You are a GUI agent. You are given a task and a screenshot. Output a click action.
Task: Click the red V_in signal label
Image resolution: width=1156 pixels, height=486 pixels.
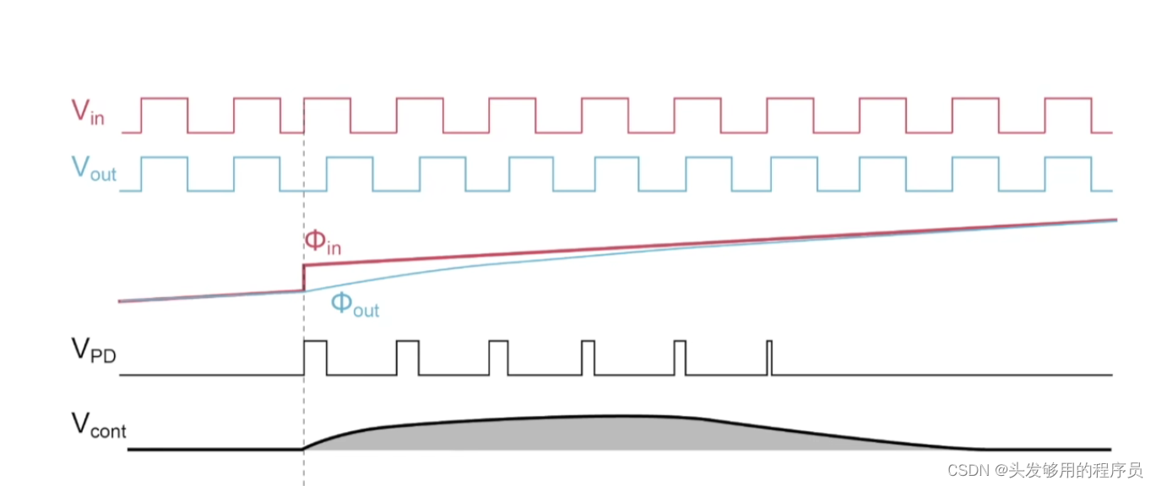87,112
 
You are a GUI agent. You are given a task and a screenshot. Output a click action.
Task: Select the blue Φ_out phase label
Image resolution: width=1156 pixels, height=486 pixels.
354,305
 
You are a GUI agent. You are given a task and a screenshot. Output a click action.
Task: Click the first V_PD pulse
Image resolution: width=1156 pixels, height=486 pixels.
315,358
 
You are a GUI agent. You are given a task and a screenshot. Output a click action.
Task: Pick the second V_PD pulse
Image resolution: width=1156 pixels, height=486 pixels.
407,358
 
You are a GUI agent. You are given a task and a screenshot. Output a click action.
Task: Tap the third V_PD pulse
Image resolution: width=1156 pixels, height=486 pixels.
498,358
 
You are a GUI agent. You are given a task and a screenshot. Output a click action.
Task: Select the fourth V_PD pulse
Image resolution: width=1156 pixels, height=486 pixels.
589,358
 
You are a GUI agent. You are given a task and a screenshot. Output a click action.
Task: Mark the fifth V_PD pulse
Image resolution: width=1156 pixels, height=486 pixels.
680,358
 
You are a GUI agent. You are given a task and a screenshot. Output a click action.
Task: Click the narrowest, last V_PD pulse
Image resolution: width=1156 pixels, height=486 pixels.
769,358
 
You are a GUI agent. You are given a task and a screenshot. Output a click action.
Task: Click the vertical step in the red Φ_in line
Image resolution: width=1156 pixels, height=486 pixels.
304,278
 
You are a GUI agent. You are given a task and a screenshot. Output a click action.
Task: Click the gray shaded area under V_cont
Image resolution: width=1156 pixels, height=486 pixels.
591,433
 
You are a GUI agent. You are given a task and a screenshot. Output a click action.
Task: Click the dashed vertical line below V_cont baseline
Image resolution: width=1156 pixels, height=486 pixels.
304,468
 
